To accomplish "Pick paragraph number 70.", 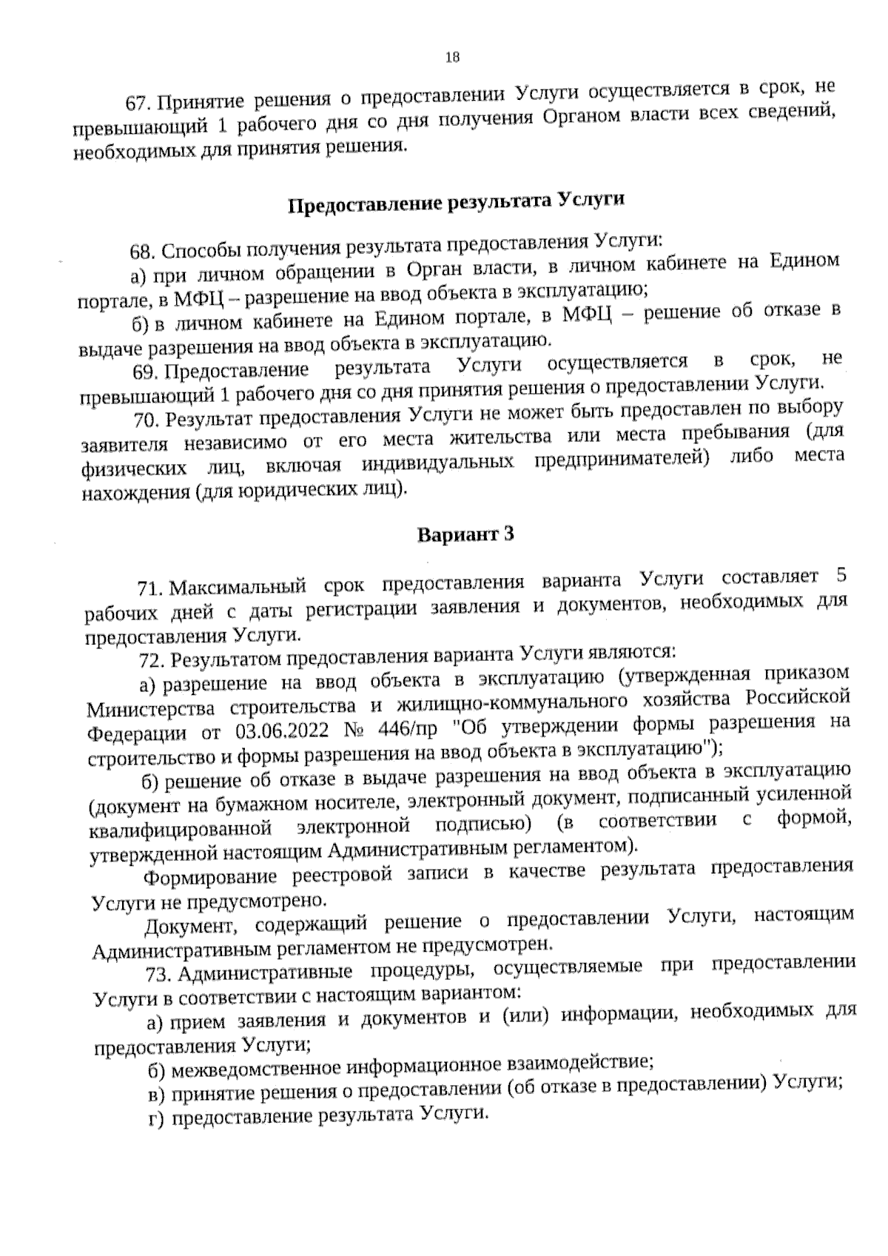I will coord(147,420).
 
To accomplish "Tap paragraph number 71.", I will coord(151,588).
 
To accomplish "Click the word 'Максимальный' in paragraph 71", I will coord(238,587).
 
